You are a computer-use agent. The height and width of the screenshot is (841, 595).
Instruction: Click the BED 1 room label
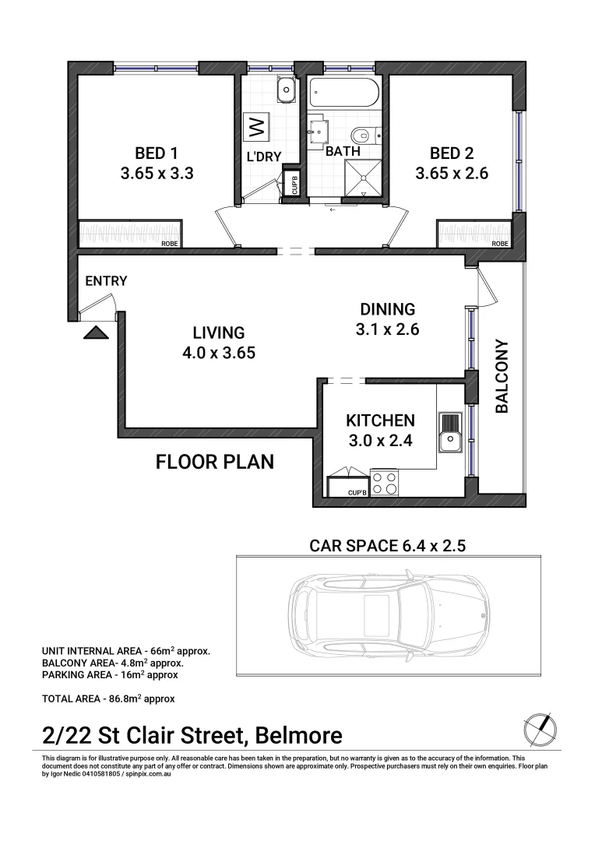pyautogui.click(x=157, y=153)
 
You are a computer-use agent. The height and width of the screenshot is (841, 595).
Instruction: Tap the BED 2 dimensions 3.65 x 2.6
pyautogui.click(x=452, y=174)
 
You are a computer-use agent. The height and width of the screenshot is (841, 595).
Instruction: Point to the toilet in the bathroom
pyautogui.click(x=364, y=133)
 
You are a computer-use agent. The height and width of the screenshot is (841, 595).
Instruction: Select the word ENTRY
pyautogui.click(x=107, y=281)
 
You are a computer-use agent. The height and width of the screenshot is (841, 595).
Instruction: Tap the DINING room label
pyautogui.click(x=387, y=308)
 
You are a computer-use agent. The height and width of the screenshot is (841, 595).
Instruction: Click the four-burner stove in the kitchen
pyautogui.click(x=383, y=483)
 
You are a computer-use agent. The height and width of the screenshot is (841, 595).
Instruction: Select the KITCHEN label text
pyautogui.click(x=380, y=420)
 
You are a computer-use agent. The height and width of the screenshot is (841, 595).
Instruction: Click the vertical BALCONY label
pyautogui.click(x=502, y=375)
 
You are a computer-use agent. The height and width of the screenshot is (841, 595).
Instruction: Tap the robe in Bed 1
pyautogui.click(x=130, y=234)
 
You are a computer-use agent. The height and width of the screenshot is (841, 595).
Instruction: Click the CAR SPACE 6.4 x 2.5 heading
pyautogui.click(x=387, y=545)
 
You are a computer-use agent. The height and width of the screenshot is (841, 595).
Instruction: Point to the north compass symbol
pyautogui.click(x=539, y=728)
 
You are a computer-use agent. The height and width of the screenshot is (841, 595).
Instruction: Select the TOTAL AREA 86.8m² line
pyautogui.click(x=108, y=698)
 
